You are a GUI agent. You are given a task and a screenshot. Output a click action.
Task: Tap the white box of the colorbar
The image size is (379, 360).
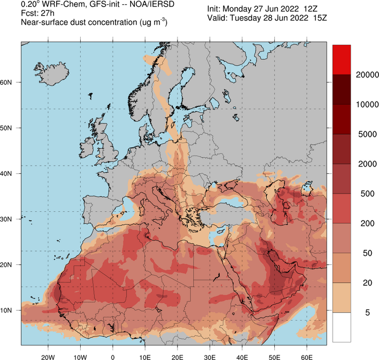(342, 327)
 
